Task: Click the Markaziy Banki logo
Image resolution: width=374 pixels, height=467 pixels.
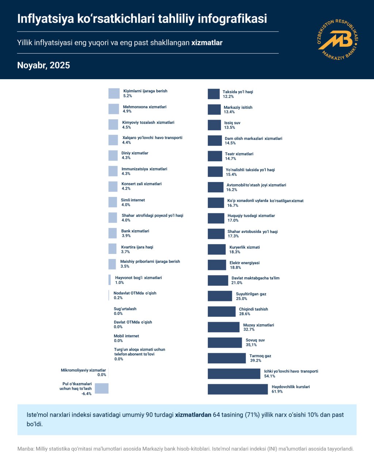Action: [x=337, y=39]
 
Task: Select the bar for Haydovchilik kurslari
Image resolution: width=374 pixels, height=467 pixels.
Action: [x=237, y=389]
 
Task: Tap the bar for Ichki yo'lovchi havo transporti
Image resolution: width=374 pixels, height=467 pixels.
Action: [x=234, y=374]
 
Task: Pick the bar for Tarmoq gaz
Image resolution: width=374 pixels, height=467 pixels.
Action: [x=226, y=358]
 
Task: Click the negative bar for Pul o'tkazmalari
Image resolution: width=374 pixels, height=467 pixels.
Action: [x=102, y=389]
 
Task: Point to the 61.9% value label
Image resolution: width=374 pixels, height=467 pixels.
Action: [x=277, y=391]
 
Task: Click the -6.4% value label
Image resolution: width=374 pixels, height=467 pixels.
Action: [x=87, y=394]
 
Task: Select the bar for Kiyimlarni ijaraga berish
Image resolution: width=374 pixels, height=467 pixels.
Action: [x=114, y=93]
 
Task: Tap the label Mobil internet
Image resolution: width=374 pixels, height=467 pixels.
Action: [x=126, y=336]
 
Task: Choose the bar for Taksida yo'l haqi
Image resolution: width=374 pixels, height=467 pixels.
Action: [x=214, y=94]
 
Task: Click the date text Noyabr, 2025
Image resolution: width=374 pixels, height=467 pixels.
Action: [x=43, y=65]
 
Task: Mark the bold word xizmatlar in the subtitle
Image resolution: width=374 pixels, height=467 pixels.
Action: [x=207, y=43]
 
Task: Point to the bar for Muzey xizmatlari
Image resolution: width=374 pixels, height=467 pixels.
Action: [x=224, y=327]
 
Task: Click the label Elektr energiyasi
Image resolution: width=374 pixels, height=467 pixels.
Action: [x=244, y=263]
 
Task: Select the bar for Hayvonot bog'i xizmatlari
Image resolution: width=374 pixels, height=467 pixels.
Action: [x=110, y=280]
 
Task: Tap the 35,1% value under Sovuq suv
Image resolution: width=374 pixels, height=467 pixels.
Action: [x=251, y=345]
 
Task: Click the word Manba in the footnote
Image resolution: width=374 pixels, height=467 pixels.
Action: [x=25, y=449]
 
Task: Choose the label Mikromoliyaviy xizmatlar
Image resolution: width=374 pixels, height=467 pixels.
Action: [x=83, y=370]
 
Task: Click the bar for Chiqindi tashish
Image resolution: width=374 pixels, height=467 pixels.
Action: [x=221, y=312]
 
